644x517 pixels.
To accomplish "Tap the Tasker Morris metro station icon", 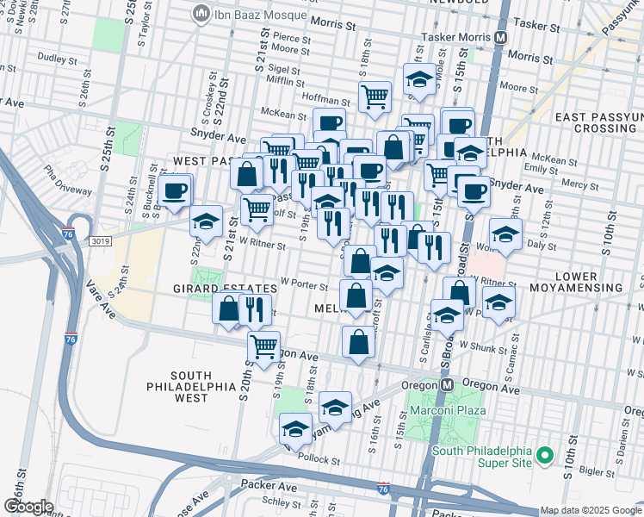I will click(500, 38).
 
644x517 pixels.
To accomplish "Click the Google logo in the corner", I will click(28, 507).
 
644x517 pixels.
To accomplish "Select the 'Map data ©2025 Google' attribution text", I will click(590, 510).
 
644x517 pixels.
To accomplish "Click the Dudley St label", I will click(59, 59).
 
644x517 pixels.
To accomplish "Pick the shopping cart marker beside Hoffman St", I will click(375, 96).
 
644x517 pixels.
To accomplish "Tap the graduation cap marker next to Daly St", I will click(505, 233).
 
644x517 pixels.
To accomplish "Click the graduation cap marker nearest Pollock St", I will click(295, 428).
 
